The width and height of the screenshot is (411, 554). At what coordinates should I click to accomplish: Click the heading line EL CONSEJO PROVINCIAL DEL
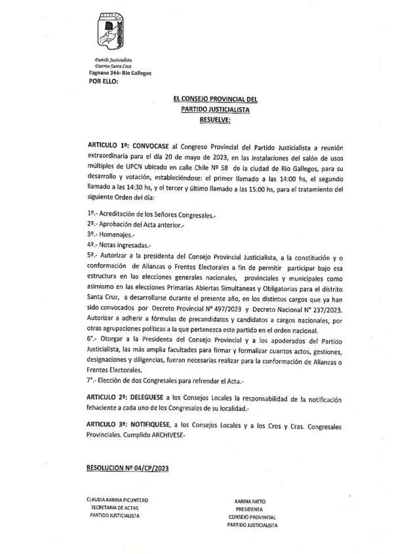click(x=215, y=100)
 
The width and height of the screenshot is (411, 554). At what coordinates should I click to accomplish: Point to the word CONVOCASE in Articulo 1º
click(x=159, y=144)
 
